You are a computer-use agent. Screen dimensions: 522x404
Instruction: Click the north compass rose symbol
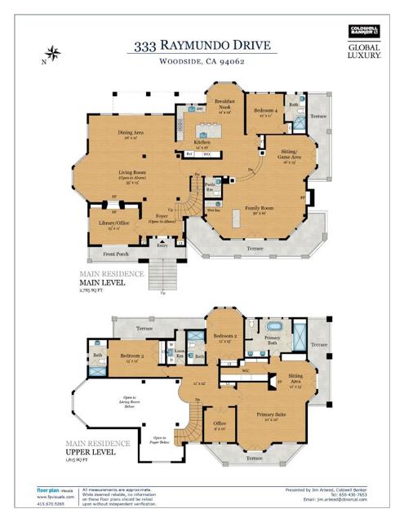pyautogui.click(x=53, y=55)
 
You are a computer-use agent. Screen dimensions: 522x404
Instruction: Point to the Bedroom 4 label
pyautogui.click(x=264, y=112)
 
